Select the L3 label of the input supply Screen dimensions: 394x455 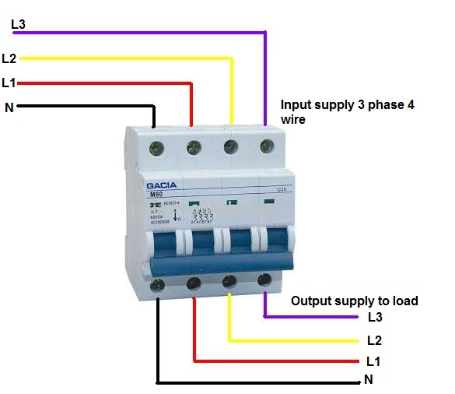coord(18,25)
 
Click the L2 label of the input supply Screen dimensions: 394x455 coord(9,58)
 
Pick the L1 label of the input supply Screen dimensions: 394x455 coord(9,82)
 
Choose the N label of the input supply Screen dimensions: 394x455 coord(9,107)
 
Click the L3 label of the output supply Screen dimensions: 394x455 coord(375,318)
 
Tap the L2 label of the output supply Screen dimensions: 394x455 coord(374,341)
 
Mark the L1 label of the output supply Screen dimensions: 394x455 coord(373,363)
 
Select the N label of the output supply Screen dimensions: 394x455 coord(368,381)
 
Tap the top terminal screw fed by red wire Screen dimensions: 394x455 coord(193,145)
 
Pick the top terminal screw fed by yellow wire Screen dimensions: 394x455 coord(230,145)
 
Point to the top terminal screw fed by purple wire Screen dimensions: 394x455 coord(267,145)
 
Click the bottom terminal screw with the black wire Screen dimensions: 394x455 coord(158,285)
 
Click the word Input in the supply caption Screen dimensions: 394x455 coord(296,104)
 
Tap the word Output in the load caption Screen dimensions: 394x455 coord(309,301)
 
